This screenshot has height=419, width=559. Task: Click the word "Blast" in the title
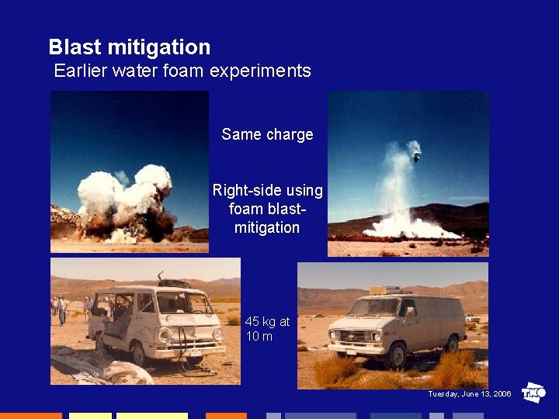pyautogui.click(x=75, y=47)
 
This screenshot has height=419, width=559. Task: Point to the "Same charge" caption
pyautogui.click(x=267, y=134)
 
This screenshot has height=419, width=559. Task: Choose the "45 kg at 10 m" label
pyautogui.click(x=266, y=328)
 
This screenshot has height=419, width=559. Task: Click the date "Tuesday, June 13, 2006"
pyautogui.click(x=470, y=394)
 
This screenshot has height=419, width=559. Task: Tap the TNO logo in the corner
pyautogui.click(x=533, y=393)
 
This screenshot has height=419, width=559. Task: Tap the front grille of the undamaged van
pyautogui.click(x=345, y=337)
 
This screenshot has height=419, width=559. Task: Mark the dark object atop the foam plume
pyautogui.click(x=416, y=154)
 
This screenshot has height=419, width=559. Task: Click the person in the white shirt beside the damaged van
pyautogui.click(x=62, y=310)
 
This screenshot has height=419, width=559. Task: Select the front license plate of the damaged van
pyautogui.click(x=196, y=351)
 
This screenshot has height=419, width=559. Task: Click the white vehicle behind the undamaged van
pyautogui.click(x=472, y=317)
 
